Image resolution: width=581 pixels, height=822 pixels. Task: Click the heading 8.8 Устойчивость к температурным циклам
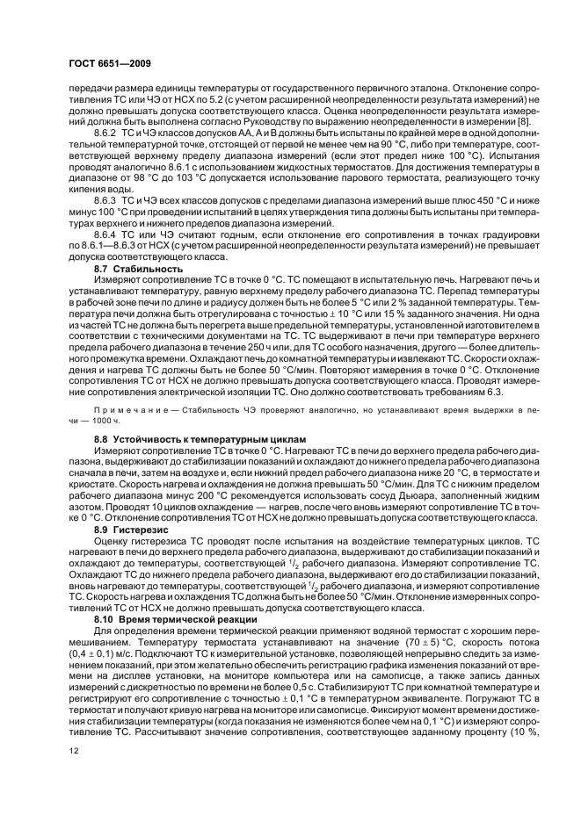[200, 437]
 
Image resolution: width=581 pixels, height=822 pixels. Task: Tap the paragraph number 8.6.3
[107, 199]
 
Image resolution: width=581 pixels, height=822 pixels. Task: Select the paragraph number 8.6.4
[107, 234]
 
